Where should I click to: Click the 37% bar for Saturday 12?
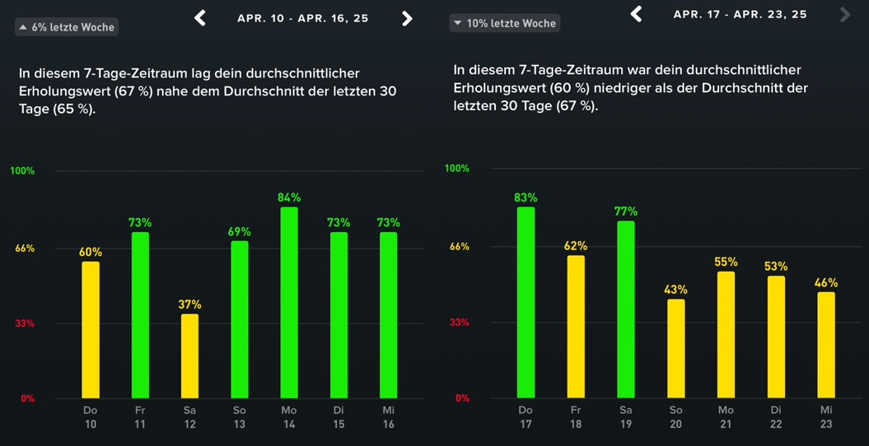(x=189, y=356)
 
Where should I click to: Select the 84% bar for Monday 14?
(x=289, y=302)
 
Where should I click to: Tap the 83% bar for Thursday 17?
(x=526, y=302)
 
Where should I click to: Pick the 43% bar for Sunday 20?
(x=675, y=348)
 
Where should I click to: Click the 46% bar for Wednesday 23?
(x=826, y=345)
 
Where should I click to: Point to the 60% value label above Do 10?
(x=91, y=252)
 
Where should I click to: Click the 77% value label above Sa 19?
(x=626, y=211)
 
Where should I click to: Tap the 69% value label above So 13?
(x=240, y=232)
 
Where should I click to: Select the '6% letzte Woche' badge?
(x=67, y=27)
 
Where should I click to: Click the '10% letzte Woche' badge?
(x=505, y=23)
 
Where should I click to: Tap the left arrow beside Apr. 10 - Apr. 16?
(x=200, y=18)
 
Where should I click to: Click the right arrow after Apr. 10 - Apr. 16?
(x=407, y=18)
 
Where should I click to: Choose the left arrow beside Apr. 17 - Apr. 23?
(x=636, y=14)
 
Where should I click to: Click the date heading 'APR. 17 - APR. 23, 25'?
(x=740, y=15)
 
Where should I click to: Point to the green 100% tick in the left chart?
(x=22, y=171)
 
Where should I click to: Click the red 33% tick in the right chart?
(x=459, y=323)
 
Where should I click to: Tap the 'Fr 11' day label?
(x=140, y=417)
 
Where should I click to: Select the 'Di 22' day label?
(x=776, y=416)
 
